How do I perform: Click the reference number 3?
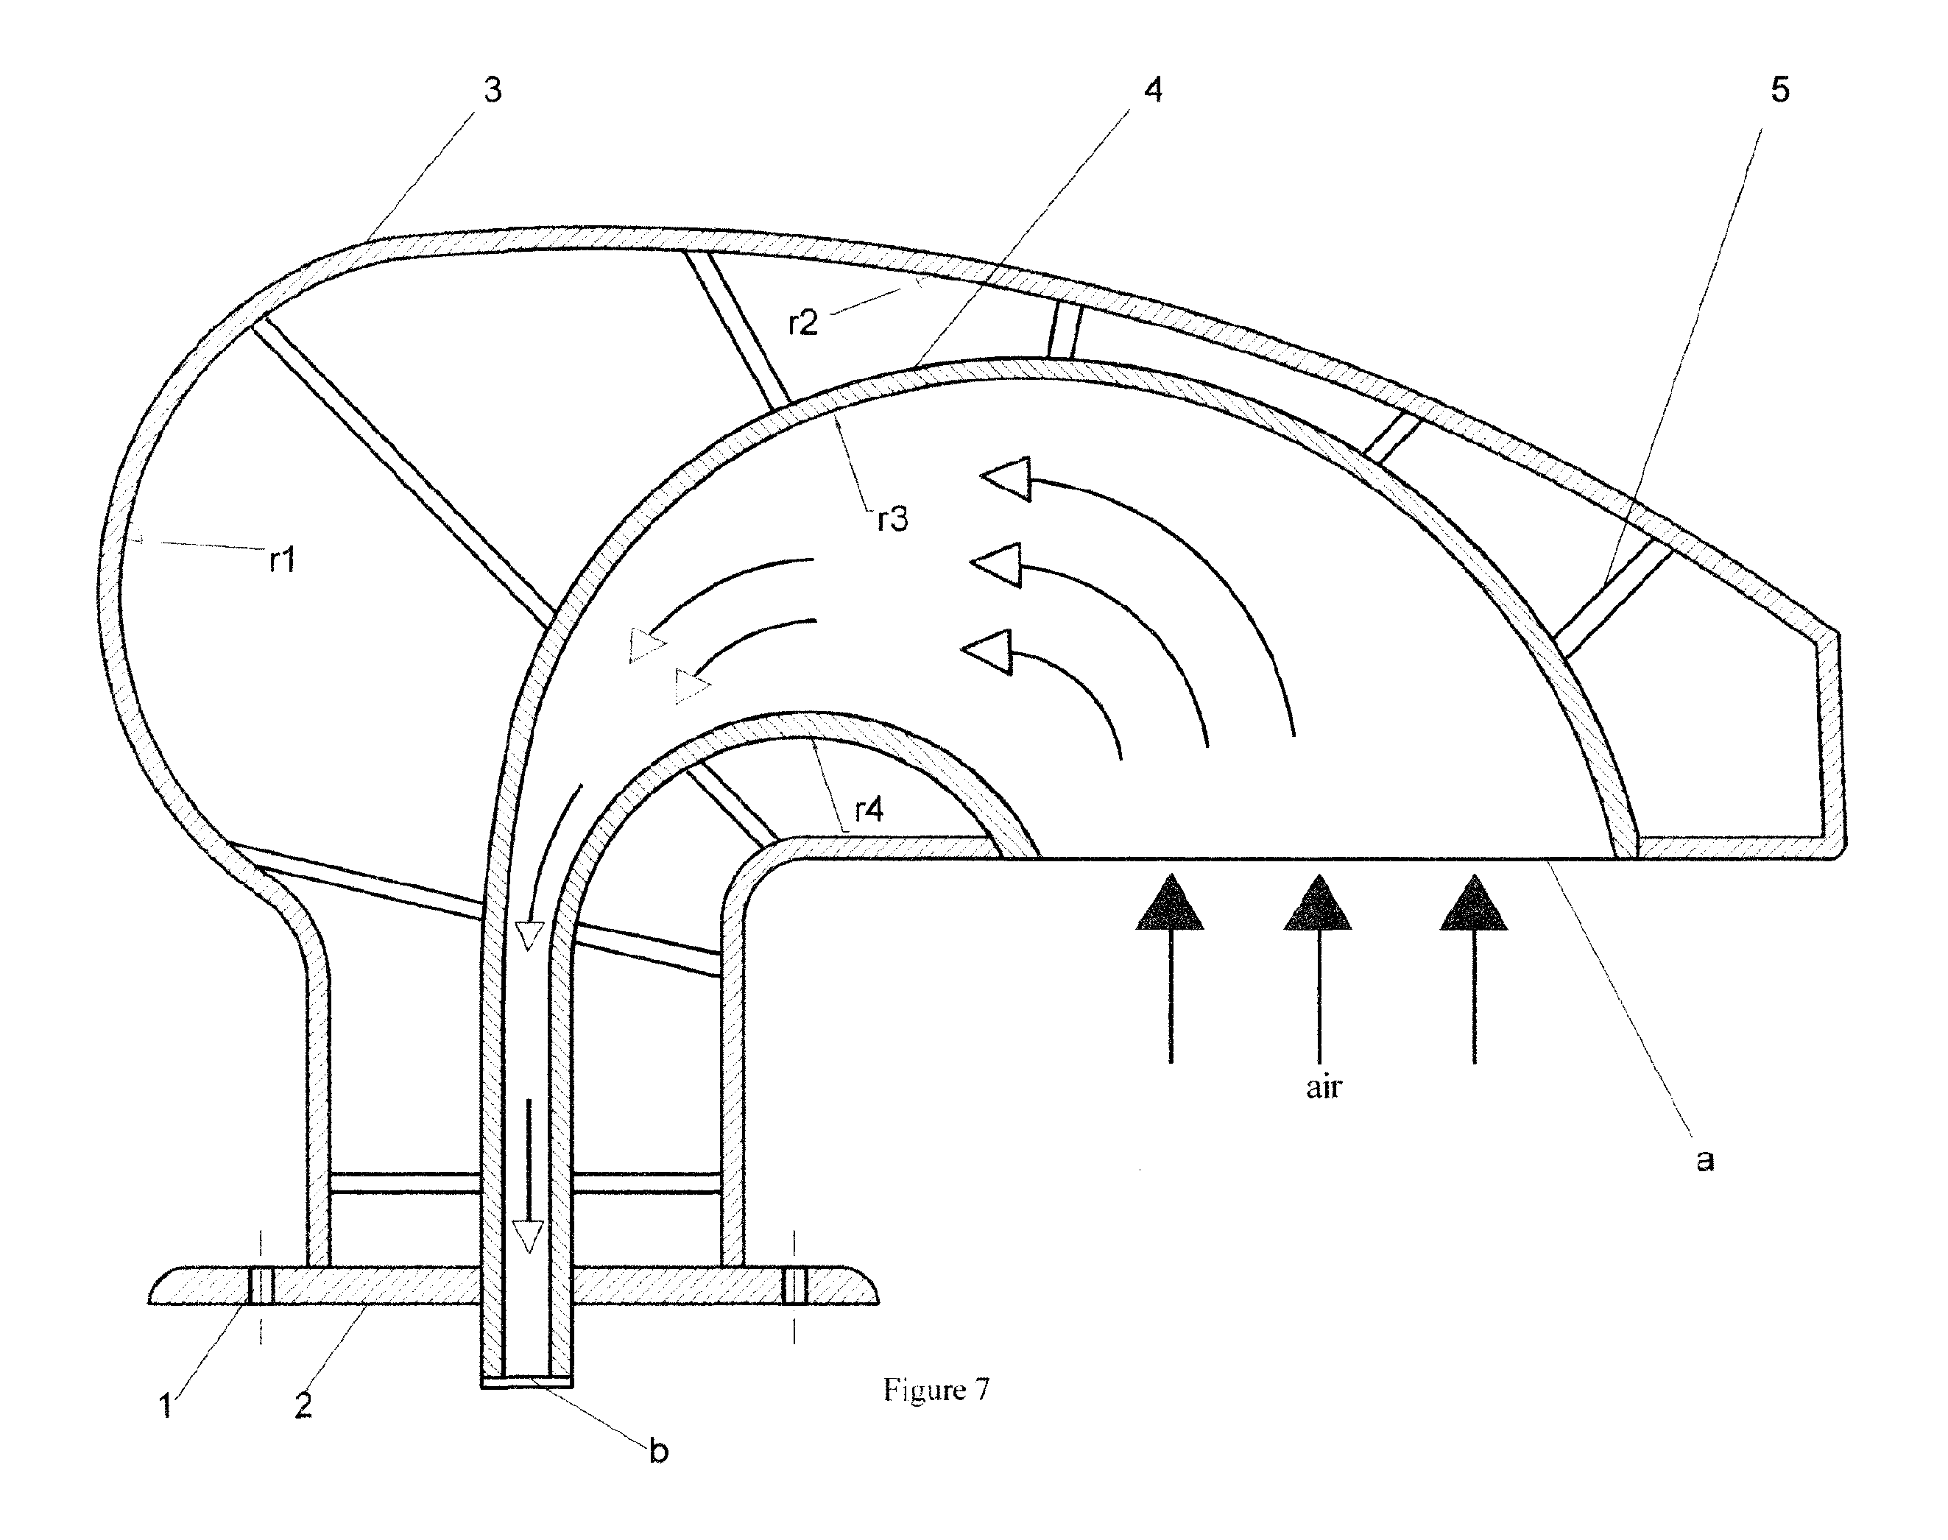click(x=493, y=90)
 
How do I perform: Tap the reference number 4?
click(x=1154, y=90)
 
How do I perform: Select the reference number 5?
click(x=1779, y=90)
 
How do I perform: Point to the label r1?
click(x=282, y=560)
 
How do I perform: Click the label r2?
click(x=802, y=322)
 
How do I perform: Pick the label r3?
click(x=893, y=518)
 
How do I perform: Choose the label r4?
click(x=869, y=809)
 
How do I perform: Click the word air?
click(x=1323, y=1087)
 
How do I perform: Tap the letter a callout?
click(x=1704, y=1160)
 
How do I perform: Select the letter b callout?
click(x=658, y=1450)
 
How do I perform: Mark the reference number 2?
click(x=303, y=1405)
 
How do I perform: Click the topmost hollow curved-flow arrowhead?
click(x=1006, y=478)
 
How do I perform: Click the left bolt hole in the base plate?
click(x=261, y=1285)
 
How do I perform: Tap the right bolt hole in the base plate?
click(x=794, y=1285)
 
